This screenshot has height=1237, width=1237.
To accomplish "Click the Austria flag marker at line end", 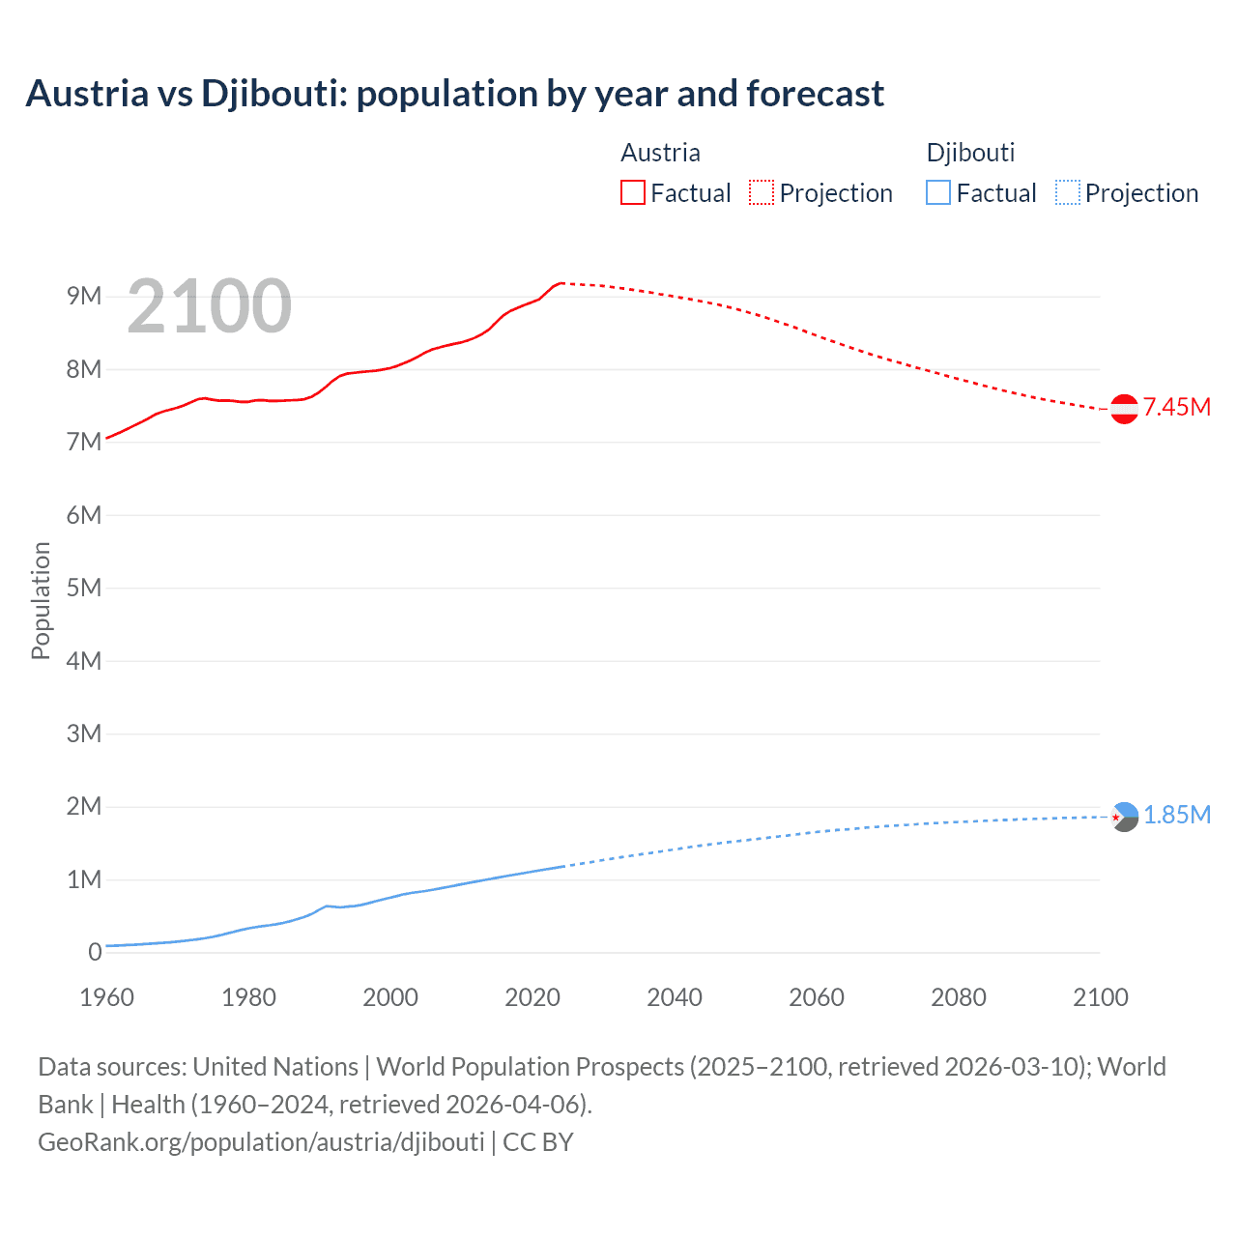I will coord(1124,409).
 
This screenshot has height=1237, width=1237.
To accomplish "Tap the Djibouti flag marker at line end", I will coord(1124,817).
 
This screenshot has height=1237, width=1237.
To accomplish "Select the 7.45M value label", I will coord(1177,407).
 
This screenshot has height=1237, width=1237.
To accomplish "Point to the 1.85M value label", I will coord(1177,815).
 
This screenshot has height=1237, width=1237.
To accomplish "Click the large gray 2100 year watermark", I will coord(209,306).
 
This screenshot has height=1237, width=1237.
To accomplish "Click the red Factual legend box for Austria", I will coord(632,192).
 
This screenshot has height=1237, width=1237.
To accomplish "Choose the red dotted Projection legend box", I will coord(762,192).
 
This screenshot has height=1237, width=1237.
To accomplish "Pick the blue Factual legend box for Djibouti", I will coord(937,192).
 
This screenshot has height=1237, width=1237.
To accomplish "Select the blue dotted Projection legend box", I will coord(1067,192).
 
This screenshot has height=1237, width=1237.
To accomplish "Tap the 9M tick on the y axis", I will coord(84,296).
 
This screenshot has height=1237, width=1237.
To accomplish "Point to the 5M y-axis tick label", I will coord(84,588).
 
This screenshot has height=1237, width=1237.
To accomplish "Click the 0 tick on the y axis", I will coord(95,952).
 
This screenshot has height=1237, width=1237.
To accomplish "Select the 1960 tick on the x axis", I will coord(106,997).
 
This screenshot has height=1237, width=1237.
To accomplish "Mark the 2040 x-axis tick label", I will coord(675,997).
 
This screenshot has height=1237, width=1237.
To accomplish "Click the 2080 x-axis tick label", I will coord(959,997).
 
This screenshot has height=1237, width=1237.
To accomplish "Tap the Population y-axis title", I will coord(41,600).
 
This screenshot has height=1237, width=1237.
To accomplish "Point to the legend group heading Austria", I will coord(660,153).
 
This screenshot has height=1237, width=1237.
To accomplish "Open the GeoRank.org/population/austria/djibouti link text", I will coord(261,1141).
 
